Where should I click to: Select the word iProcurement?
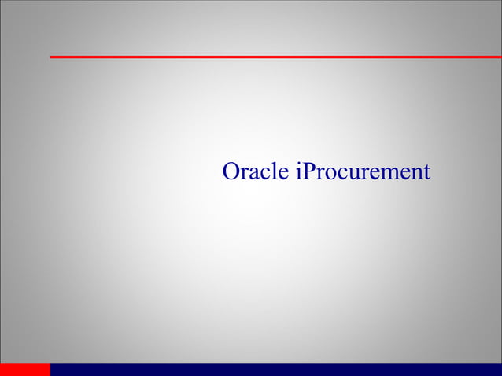363,172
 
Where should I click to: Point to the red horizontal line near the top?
275,57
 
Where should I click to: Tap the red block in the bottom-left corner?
24,370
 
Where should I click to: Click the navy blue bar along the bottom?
275,370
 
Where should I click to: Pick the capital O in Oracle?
231,171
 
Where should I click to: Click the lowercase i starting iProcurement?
298,171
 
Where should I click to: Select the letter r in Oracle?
244,174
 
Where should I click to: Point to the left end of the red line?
52,57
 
